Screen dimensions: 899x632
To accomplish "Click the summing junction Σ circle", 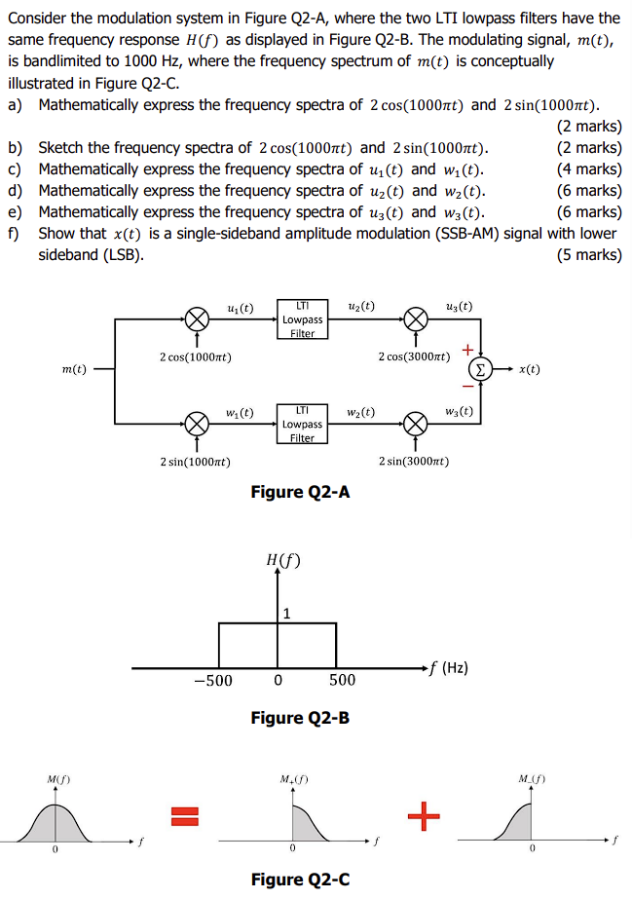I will [480, 370].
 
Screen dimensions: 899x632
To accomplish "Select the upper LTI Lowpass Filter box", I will [302, 319].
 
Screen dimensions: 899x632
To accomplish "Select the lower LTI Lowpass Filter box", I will [302, 424].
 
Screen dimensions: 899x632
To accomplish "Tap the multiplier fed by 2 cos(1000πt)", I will [198, 319].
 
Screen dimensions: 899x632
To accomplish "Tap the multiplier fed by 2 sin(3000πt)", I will [416, 424].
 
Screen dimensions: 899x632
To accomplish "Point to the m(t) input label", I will [73, 370].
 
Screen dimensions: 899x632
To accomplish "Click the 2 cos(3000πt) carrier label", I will [414, 356].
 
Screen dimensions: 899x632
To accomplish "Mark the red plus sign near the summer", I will [467, 348].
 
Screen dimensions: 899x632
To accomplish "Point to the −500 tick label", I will [213, 680].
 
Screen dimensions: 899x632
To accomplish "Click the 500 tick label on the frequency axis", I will [342, 680].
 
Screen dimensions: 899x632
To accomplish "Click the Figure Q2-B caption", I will [300, 718].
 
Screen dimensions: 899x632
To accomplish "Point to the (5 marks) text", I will [588, 255].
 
